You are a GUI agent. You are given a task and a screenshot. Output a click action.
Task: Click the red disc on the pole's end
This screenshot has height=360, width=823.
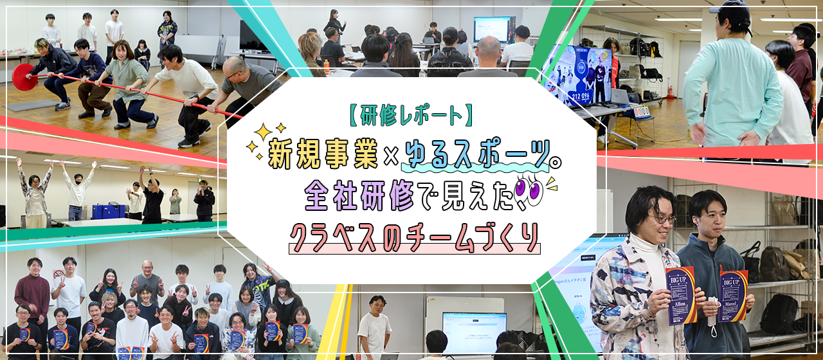[x=24, y=76]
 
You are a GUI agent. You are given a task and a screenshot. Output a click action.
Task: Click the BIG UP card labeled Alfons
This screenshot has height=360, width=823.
[x=682, y=294]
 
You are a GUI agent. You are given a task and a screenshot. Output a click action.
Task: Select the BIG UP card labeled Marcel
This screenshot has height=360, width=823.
[x=732, y=296]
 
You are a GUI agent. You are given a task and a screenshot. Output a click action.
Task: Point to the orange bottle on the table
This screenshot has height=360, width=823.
[x=326, y=64]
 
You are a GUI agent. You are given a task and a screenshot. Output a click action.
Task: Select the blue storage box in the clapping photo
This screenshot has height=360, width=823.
[x=107, y=212]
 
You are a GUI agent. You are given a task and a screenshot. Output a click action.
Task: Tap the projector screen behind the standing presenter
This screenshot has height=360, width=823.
[x=493, y=29]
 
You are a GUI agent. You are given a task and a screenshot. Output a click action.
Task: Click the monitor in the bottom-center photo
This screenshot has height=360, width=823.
[x=474, y=332]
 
